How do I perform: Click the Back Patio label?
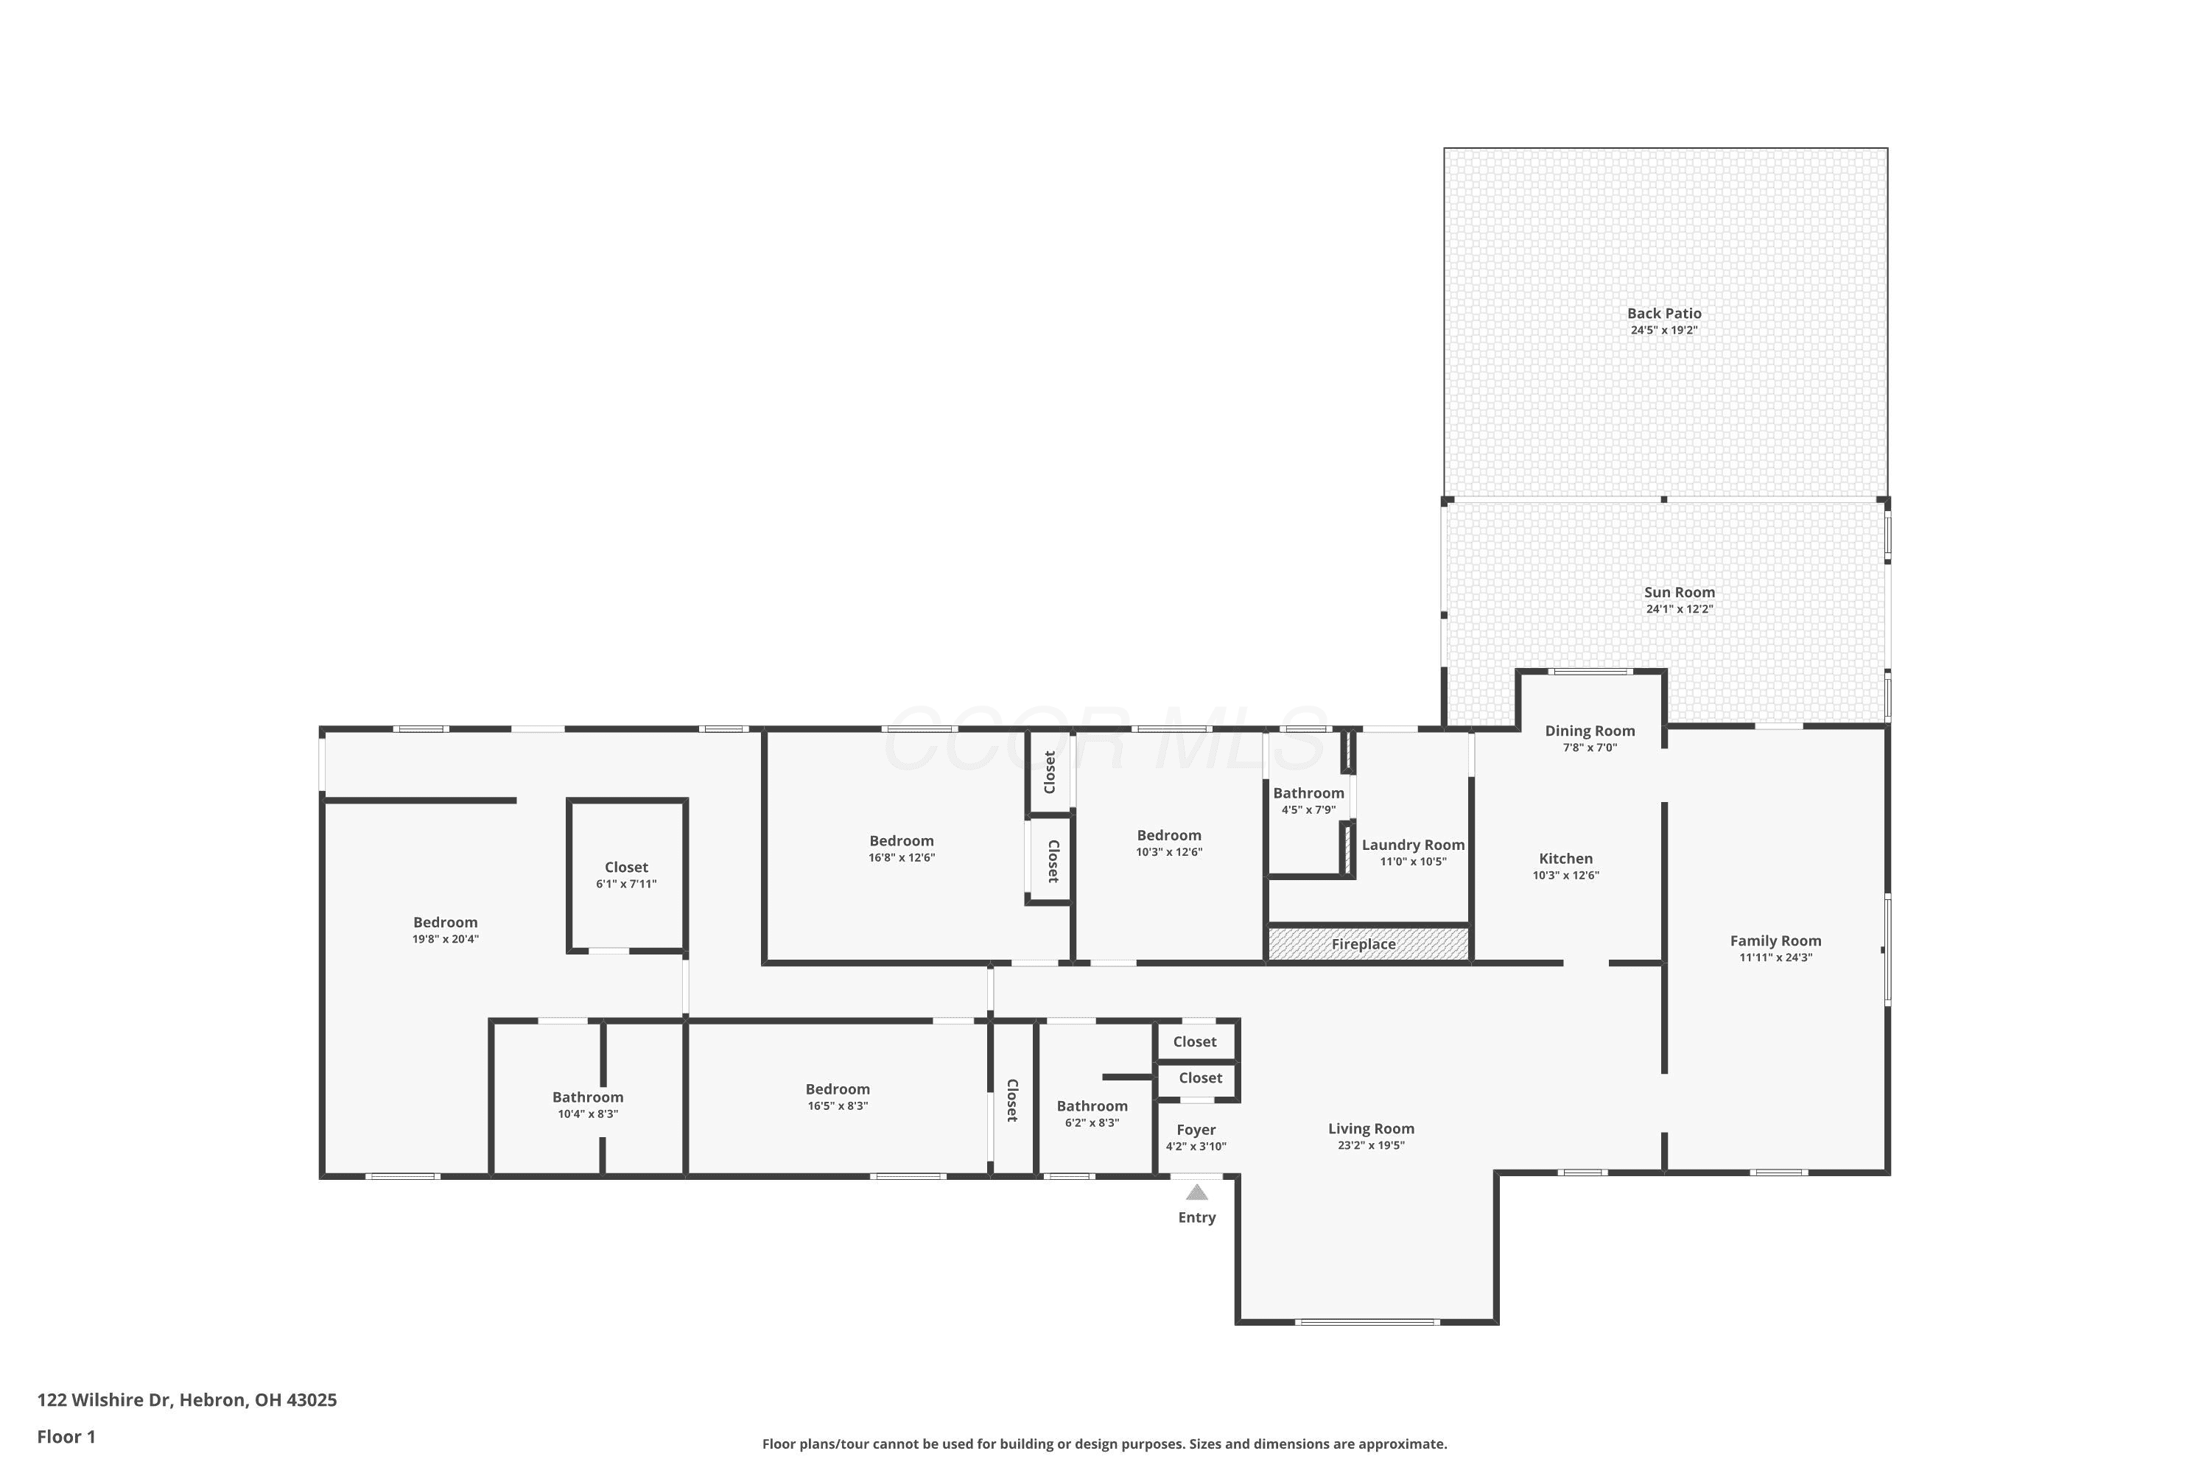pos(1664,314)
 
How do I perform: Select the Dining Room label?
pos(1590,731)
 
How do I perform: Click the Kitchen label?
pos(1565,859)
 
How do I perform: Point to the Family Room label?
pos(1776,941)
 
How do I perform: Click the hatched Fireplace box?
pos(1368,943)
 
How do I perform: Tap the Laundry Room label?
pos(1413,846)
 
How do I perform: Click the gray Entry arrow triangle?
pos(1196,1192)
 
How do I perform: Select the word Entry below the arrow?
pos(1197,1217)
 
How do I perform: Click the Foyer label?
pos(1196,1130)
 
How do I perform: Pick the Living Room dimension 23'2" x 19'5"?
pos(1371,1145)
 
